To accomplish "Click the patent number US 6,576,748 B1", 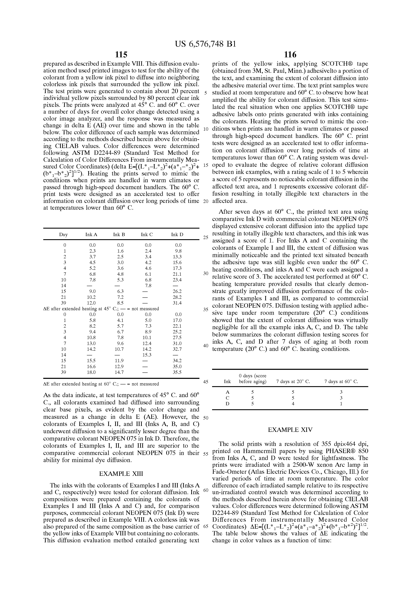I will point(205,44).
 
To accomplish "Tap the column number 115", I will point(121,55).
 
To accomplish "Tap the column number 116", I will point(290,55).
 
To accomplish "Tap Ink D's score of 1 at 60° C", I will point(341,404).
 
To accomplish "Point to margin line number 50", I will point(206,418).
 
